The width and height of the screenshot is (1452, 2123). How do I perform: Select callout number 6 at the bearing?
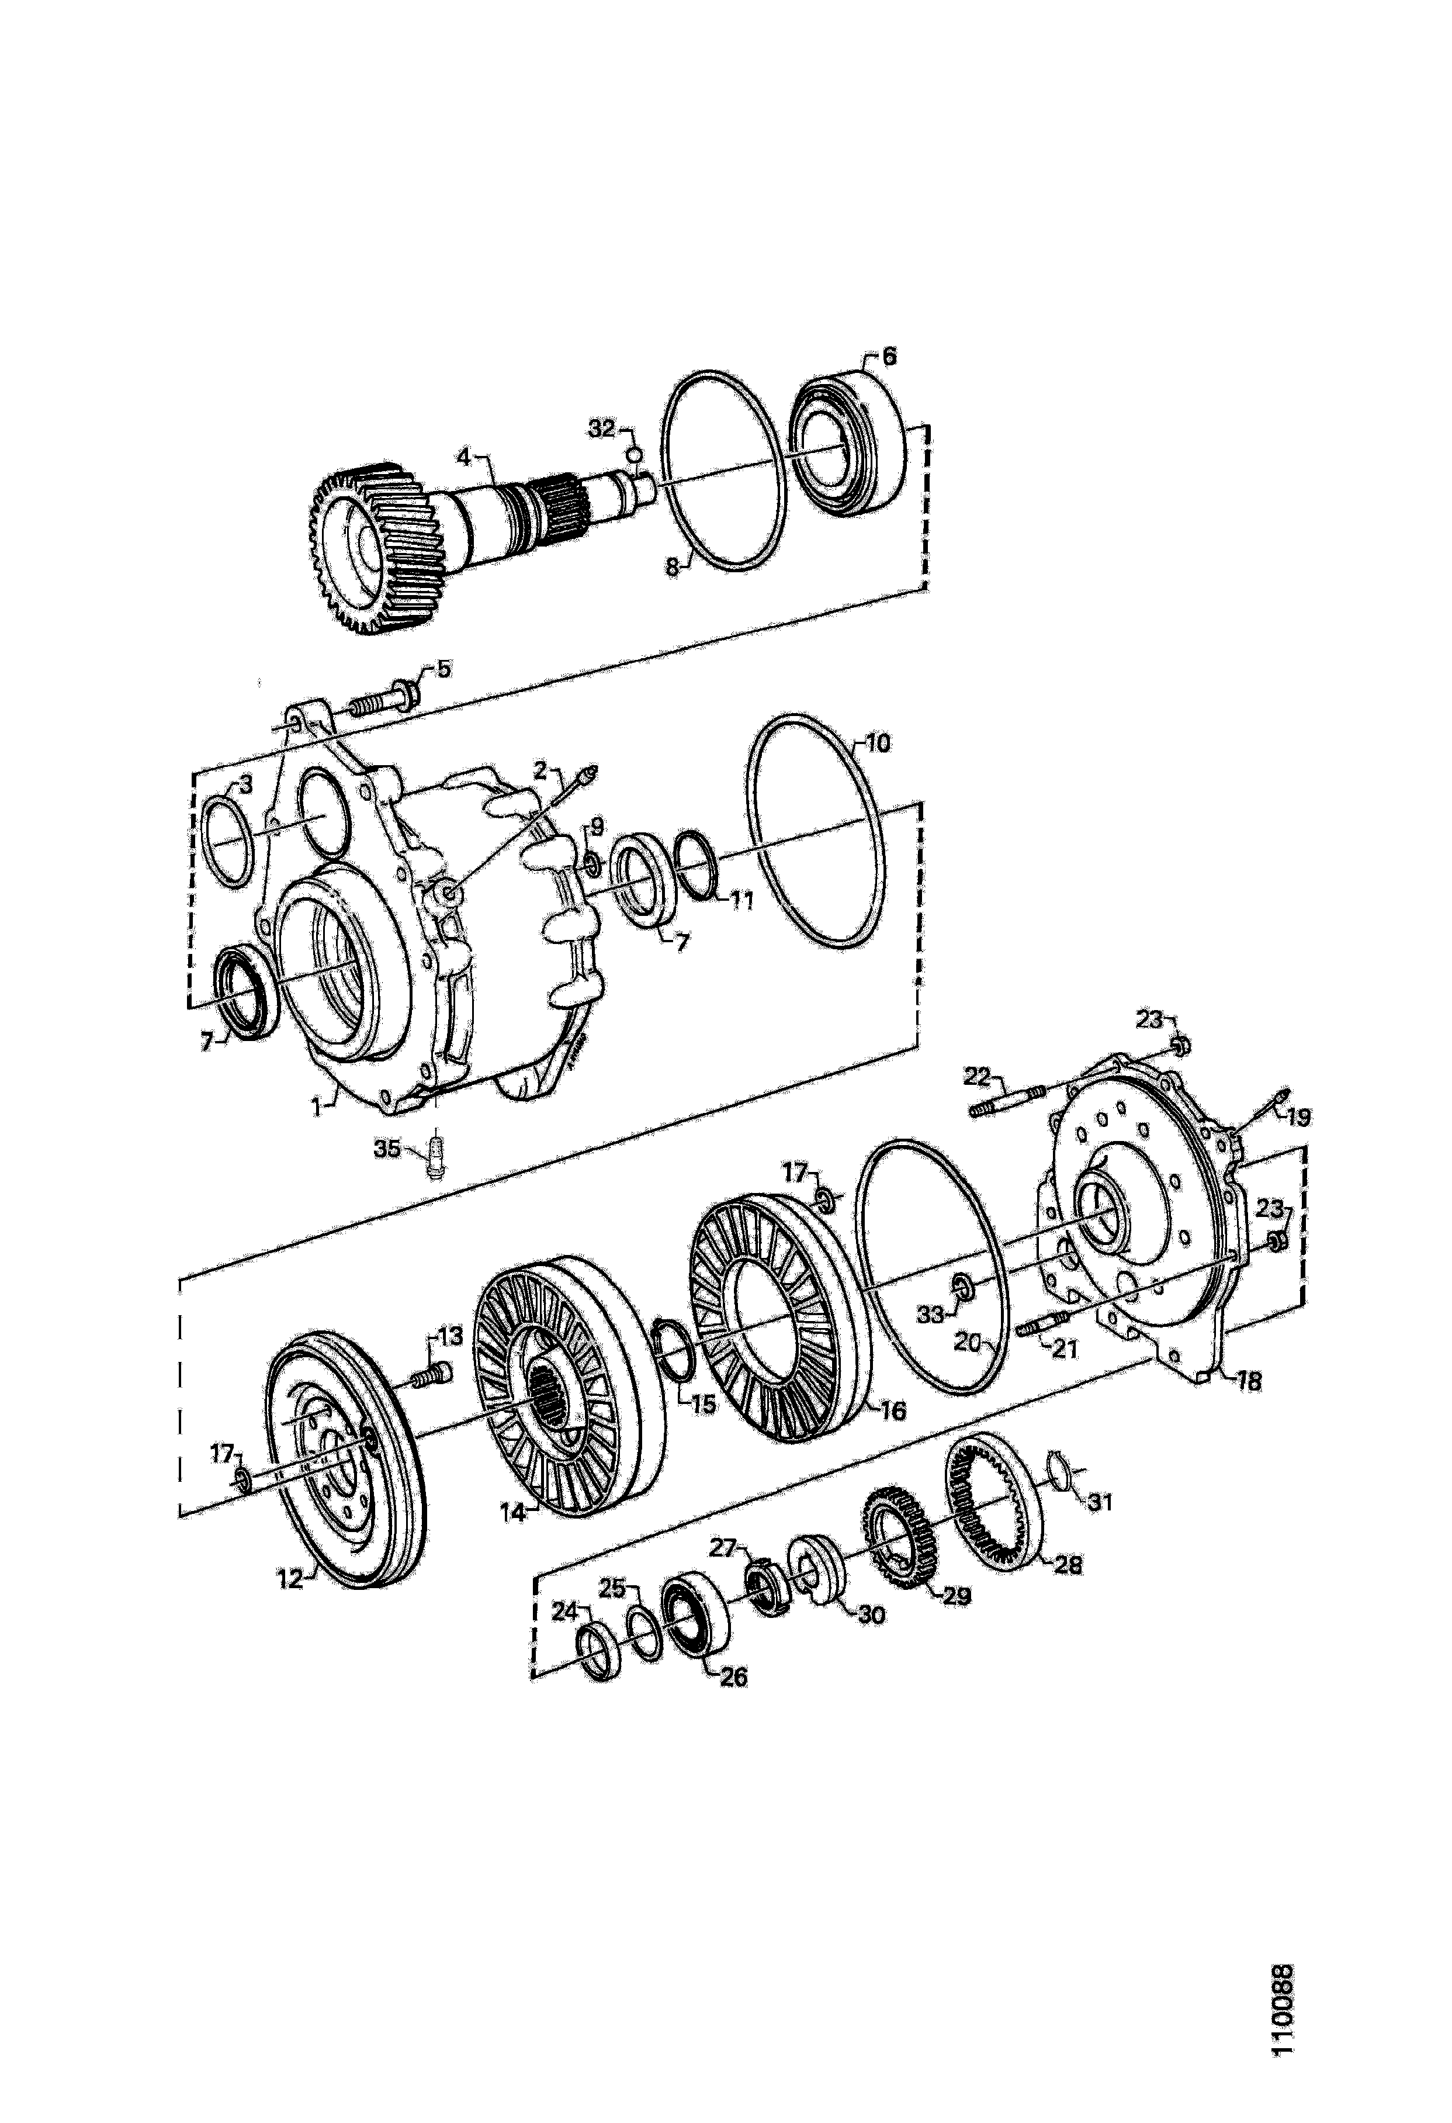click(889, 355)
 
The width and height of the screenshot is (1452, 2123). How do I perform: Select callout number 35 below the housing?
click(387, 1147)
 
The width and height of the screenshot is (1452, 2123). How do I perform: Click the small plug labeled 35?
click(436, 1153)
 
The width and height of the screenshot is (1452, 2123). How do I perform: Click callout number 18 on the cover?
click(1247, 1382)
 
